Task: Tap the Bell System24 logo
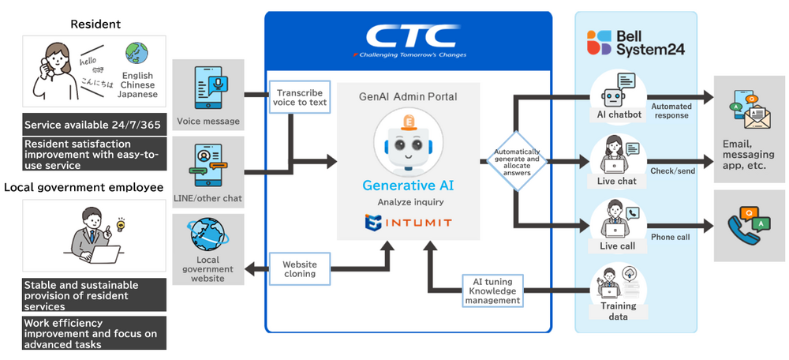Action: (635, 42)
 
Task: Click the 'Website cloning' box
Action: (299, 268)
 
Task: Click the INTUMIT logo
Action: (407, 223)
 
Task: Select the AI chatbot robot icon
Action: (617, 94)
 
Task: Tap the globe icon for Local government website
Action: (208, 235)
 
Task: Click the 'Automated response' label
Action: (671, 110)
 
